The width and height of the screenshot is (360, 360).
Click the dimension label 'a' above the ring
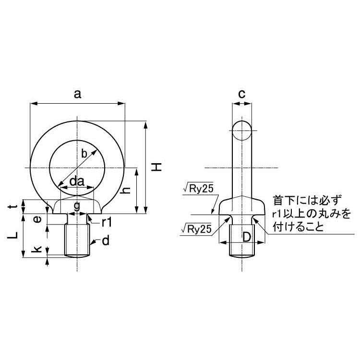tap(78, 95)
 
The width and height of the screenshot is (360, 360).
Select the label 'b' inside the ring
tap(84, 154)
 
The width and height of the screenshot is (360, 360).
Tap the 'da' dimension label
tap(77, 181)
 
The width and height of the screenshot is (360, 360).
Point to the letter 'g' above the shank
tap(77, 206)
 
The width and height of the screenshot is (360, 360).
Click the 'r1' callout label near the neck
tap(107, 222)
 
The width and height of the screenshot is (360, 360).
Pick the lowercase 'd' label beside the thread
tap(106, 241)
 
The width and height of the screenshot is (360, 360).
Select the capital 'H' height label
tap(156, 167)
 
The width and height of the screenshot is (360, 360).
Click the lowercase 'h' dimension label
tap(126, 191)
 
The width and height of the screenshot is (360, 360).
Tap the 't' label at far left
tap(14, 206)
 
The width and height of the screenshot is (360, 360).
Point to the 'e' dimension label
tap(37, 219)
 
